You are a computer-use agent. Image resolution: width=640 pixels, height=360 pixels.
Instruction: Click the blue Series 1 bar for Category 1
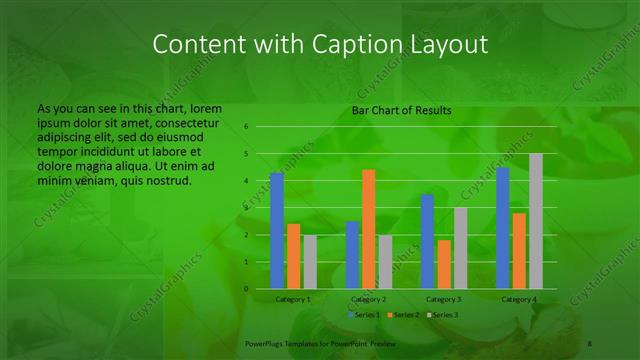click(277, 230)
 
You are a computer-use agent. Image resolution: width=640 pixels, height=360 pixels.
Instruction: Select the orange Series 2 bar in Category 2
click(368, 229)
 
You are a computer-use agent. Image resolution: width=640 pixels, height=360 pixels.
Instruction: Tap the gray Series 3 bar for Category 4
click(536, 221)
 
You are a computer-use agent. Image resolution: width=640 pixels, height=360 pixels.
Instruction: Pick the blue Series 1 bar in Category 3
click(427, 241)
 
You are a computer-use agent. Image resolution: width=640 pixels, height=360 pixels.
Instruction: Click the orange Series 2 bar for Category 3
click(444, 264)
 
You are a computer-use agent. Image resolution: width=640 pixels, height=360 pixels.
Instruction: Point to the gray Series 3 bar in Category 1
click(310, 262)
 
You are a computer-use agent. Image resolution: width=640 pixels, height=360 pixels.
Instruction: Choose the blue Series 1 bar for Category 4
click(503, 228)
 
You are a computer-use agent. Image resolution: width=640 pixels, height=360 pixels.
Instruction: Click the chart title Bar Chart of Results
click(401, 111)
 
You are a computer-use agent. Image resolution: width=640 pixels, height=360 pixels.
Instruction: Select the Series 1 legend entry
click(363, 315)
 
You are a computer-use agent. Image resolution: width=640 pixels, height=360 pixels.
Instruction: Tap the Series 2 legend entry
click(402, 315)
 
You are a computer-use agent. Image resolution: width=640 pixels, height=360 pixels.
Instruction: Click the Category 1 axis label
click(293, 299)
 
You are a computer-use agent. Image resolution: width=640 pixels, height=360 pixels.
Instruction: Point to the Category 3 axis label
click(444, 299)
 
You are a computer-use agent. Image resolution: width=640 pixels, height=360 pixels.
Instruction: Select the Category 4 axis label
click(519, 299)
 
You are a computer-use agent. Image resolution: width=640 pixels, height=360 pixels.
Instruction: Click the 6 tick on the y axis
click(245, 127)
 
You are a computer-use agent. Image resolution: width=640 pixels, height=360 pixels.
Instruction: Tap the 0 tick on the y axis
click(245, 289)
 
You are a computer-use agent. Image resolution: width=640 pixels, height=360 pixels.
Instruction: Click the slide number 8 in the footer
click(591, 343)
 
